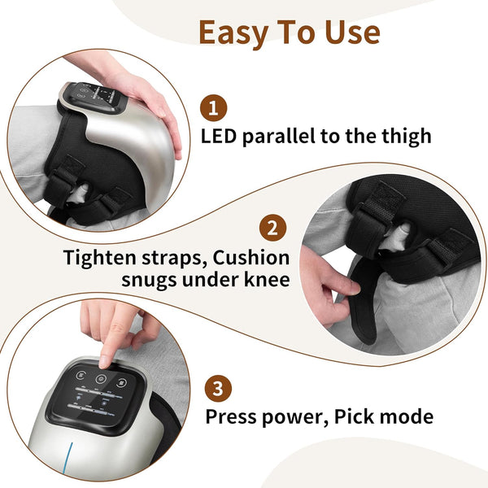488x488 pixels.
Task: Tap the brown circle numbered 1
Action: tap(214, 107)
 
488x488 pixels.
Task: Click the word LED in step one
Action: tap(222, 136)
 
